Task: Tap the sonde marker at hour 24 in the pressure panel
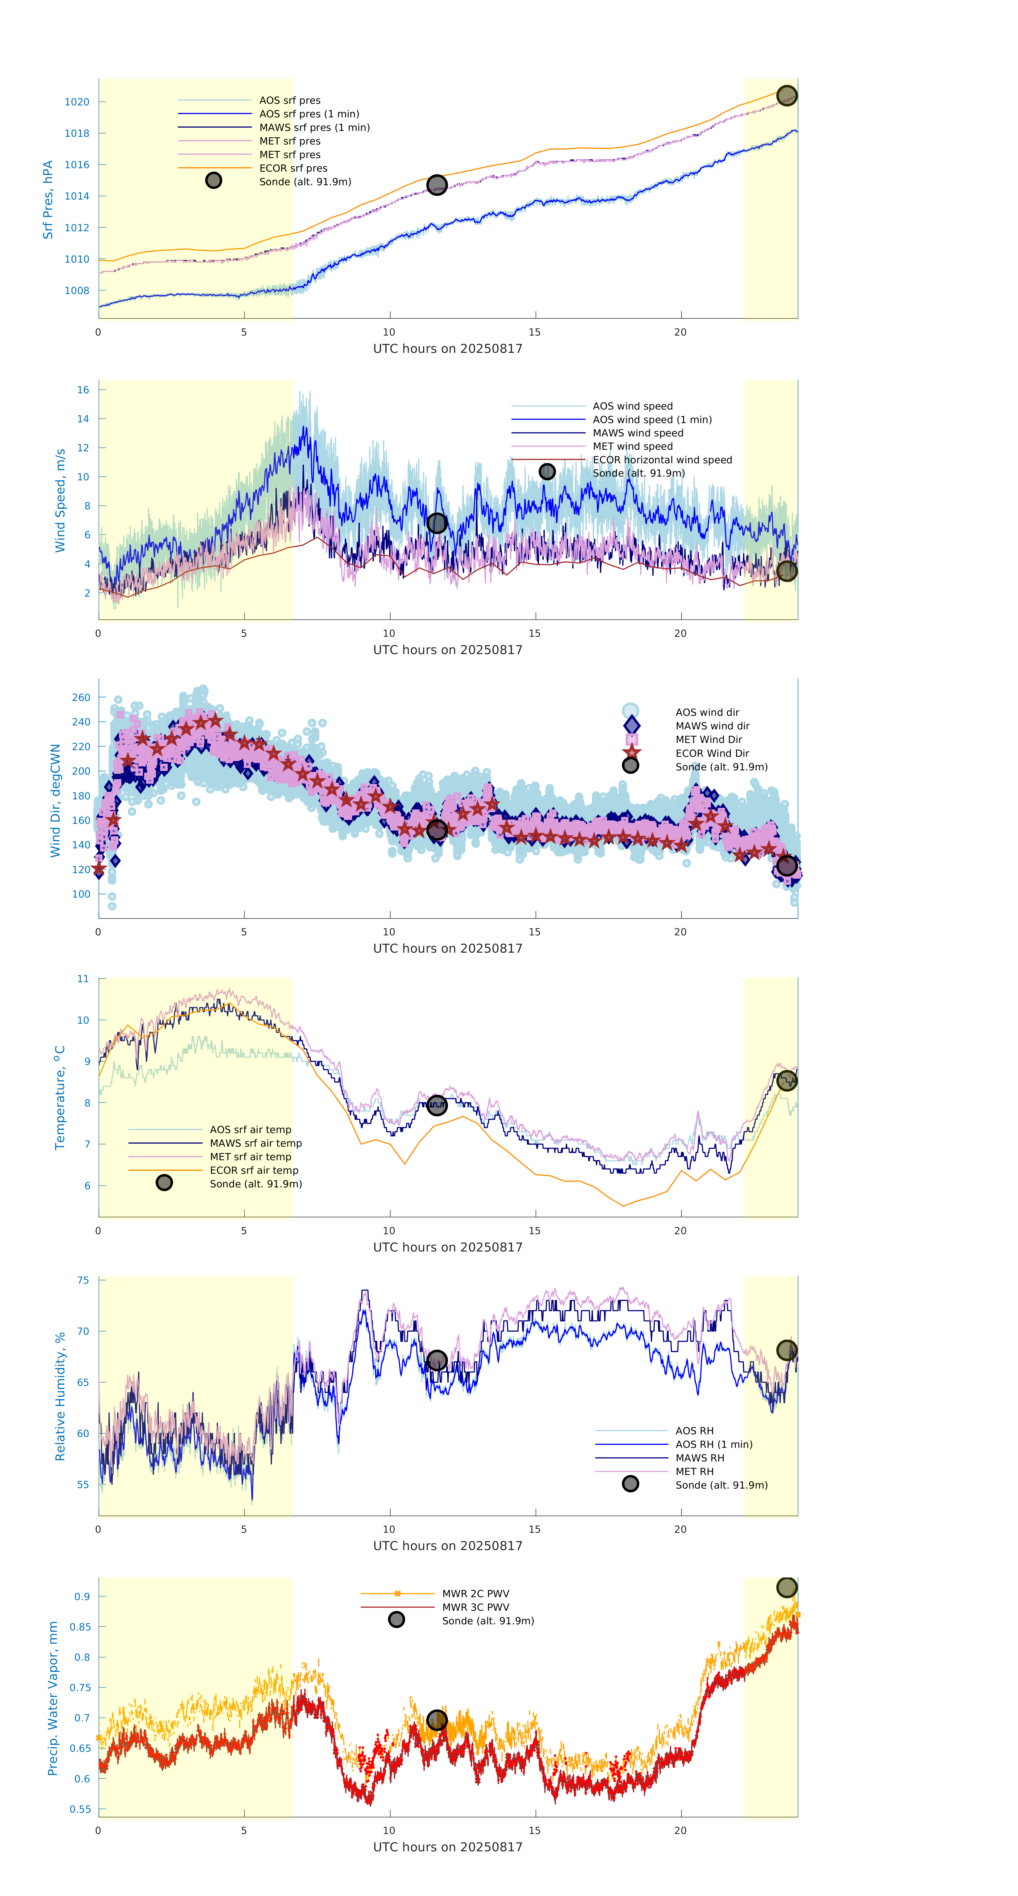point(786,96)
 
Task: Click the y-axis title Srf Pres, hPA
point(48,200)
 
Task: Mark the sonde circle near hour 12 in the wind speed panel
point(436,523)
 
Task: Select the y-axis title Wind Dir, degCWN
point(55,800)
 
